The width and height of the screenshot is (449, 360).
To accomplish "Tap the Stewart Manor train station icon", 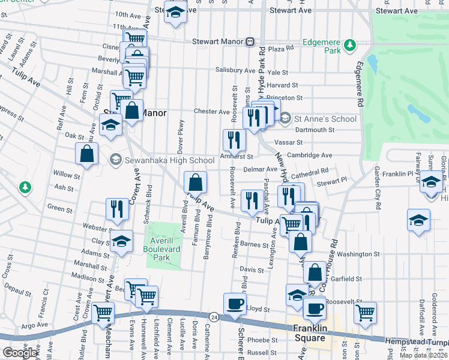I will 249,42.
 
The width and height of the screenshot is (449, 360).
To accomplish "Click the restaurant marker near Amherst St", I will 234,140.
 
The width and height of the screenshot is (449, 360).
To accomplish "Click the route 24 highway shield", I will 214,316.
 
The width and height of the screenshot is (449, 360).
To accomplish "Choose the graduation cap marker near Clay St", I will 122,241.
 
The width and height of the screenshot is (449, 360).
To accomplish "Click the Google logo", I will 20,352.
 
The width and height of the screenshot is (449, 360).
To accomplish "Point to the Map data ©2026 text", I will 423,355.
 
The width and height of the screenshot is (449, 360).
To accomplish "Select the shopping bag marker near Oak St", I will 87,154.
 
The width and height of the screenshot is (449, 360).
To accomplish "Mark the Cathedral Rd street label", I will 308,174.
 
